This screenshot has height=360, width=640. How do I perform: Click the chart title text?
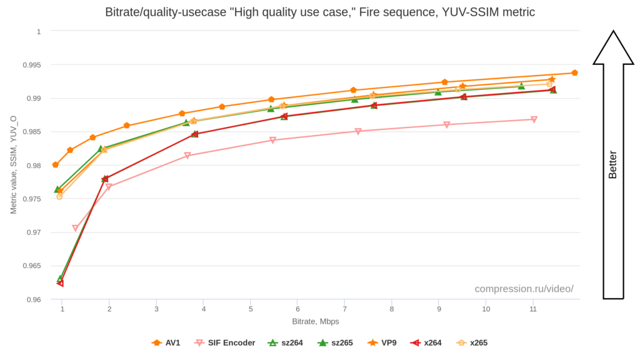pyautogui.click(x=319, y=12)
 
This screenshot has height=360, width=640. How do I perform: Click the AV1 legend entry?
pyautogui.click(x=166, y=342)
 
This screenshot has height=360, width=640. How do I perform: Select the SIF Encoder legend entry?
pyautogui.click(x=225, y=342)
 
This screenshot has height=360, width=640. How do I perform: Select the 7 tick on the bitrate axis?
pyautogui.click(x=344, y=309)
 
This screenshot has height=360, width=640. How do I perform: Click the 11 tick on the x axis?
pyautogui.click(x=533, y=309)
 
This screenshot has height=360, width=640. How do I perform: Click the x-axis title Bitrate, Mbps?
pyautogui.click(x=316, y=321)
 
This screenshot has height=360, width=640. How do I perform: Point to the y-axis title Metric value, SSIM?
pyautogui.click(x=13, y=165)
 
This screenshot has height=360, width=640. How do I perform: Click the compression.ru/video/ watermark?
pyautogui.click(x=524, y=289)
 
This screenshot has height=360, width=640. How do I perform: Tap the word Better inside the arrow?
pyautogui.click(x=612, y=165)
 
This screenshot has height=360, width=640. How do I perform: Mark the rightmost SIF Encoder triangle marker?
pyautogui.click(x=534, y=119)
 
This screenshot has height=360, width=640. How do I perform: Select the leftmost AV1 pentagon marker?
pyautogui.click(x=56, y=165)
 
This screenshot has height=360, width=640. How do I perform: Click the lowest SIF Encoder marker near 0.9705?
pyautogui.click(x=76, y=229)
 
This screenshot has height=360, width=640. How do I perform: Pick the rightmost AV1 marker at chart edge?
pyautogui.click(x=574, y=73)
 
